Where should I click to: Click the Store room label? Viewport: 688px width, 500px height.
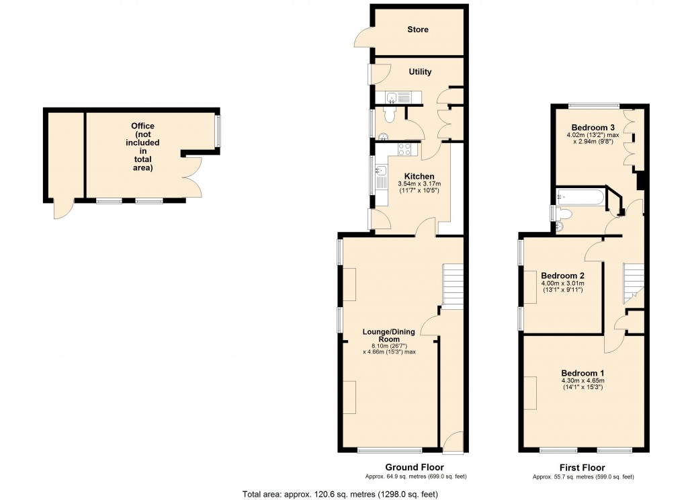point(417,30)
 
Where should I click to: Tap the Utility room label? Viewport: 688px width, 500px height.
point(420,72)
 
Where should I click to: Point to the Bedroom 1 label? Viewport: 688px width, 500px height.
point(583,373)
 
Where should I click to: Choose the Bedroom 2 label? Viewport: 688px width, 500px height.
point(562,276)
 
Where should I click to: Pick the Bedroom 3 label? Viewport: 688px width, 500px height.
point(593,128)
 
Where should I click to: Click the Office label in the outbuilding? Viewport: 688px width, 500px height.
point(142,126)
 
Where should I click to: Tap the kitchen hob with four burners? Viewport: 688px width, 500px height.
point(405,149)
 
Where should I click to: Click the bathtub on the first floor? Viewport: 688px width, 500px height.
point(580,196)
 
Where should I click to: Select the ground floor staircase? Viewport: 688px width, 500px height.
point(453,286)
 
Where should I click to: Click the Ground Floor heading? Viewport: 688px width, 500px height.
point(414,467)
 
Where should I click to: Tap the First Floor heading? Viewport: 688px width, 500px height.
point(583,468)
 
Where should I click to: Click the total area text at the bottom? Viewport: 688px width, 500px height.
point(341,495)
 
